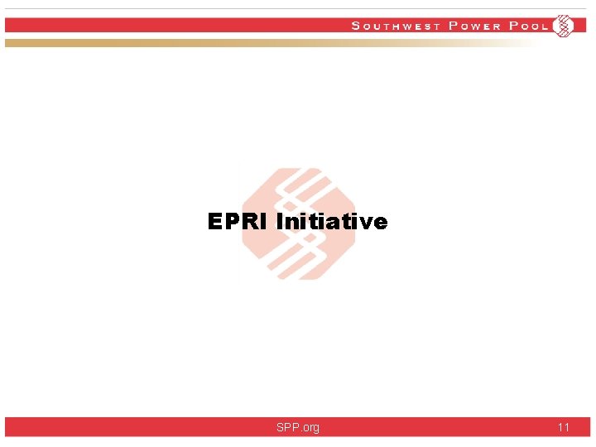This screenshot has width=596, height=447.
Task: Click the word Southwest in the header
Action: tap(397, 26)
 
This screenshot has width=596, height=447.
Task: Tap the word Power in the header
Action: tap(475, 26)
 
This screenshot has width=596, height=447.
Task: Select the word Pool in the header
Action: tap(529, 26)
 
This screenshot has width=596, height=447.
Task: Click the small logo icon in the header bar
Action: tap(563, 26)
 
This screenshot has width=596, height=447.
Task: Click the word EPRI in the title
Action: tap(238, 222)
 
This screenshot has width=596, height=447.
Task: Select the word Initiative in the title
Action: tap(331, 222)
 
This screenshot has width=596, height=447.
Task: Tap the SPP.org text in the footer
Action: tap(298, 427)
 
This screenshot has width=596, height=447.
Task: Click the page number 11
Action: tap(563, 427)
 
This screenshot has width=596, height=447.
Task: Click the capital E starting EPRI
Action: tap(215, 222)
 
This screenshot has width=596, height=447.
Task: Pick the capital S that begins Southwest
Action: tap(356, 26)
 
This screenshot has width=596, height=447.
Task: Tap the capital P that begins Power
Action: tap(453, 26)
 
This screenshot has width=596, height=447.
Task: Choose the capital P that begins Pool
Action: tap(513, 26)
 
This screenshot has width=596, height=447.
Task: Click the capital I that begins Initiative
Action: tap(279, 222)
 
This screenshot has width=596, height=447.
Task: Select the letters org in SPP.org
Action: tap(310, 428)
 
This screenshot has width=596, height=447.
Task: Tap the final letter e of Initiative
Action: tap(380, 223)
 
